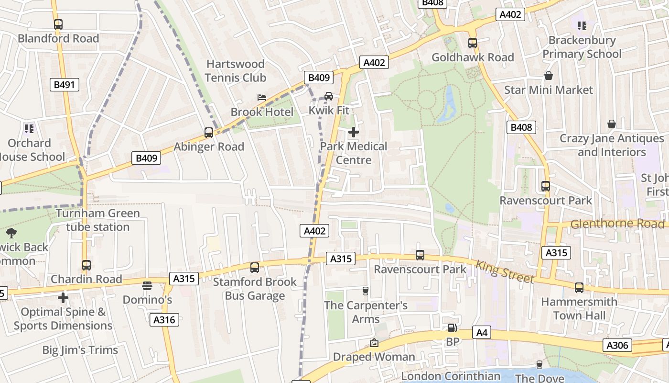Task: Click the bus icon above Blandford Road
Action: [x=58, y=24]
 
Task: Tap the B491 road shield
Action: [x=64, y=85]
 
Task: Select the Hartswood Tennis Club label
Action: [x=235, y=71]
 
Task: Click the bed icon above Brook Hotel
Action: [x=261, y=97]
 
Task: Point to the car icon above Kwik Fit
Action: [x=329, y=96]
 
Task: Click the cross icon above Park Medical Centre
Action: [x=354, y=132]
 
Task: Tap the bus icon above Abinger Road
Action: [x=209, y=133]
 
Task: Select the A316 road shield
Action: [x=164, y=320]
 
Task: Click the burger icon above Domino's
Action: [x=147, y=286]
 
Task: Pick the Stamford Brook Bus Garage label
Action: [x=255, y=289]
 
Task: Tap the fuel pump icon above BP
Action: [x=452, y=328]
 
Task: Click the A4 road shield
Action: [x=482, y=332]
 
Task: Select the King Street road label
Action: [x=504, y=271]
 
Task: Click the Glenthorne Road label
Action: [x=617, y=224]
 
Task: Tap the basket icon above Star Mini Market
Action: [x=549, y=76]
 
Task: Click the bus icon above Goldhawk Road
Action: [x=473, y=43]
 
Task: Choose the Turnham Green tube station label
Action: [x=98, y=220]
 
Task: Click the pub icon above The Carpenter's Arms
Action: [x=366, y=291]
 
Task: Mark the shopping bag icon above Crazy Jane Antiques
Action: [x=612, y=124]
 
